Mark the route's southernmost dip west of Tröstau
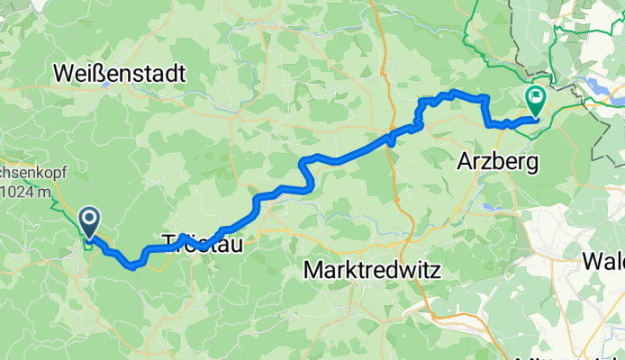click(133, 265)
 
